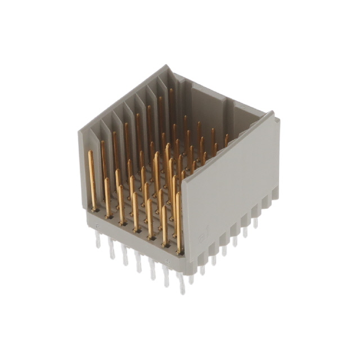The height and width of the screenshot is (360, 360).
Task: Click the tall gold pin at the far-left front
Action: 92,179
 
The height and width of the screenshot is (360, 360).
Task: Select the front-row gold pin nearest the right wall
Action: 179,222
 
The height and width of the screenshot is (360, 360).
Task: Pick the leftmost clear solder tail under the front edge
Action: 98,240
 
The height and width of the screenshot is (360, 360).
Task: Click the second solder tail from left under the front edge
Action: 111,248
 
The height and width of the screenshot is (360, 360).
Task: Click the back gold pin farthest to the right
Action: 226,140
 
